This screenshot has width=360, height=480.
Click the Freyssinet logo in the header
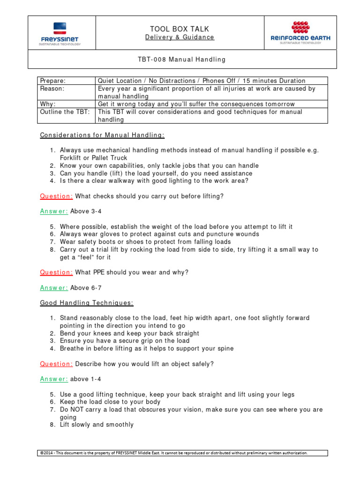click(60, 34)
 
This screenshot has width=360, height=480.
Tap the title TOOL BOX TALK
click(180, 28)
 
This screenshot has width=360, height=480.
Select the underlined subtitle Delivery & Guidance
click(180, 37)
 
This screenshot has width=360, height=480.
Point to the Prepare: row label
click(53, 81)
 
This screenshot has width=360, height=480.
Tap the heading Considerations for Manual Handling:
click(102, 135)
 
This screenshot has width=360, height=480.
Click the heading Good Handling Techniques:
click(87, 303)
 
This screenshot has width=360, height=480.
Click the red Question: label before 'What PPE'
click(56, 272)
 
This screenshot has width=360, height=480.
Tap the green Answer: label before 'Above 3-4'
click(54, 211)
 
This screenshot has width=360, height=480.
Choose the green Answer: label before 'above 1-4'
click(54, 379)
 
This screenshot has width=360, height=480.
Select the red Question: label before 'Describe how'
click(56, 364)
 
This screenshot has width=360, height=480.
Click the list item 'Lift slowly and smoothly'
click(97, 425)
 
